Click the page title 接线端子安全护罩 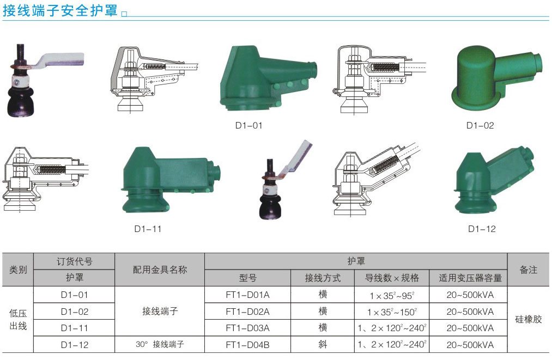tap(60, 10)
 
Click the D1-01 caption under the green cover tap(248, 126)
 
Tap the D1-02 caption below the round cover tap(480, 126)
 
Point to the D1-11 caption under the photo tap(148, 229)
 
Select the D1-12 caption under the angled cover tap(482, 229)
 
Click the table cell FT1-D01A tap(247, 295)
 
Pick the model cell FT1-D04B tap(247, 345)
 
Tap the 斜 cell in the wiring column tap(323, 345)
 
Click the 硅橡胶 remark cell tap(528, 319)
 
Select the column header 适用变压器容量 tap(470, 278)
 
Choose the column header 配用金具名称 tap(160, 270)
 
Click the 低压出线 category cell tap(18, 320)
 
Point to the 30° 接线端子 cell tap(160, 344)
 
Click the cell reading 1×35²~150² tap(392, 312)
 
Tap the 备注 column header tap(528, 270)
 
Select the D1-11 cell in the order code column tap(74, 328)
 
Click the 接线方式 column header tap(323, 278)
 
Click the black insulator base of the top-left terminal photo tap(21, 101)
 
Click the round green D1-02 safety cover tap(496, 77)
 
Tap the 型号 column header tap(247, 278)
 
